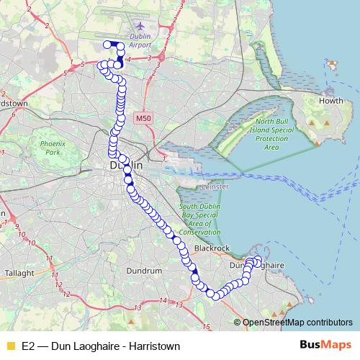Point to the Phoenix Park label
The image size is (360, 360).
(x=51, y=148)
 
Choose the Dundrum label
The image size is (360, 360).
(x=143, y=271)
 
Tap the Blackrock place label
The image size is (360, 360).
(x=212, y=248)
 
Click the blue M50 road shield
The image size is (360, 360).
(x=143, y=116)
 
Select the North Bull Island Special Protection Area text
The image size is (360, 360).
(x=271, y=134)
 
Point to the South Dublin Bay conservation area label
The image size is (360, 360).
(x=199, y=220)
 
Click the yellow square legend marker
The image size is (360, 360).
(x=10, y=346)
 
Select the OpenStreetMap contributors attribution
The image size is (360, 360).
(x=297, y=322)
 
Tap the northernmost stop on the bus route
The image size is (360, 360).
(x=107, y=45)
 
